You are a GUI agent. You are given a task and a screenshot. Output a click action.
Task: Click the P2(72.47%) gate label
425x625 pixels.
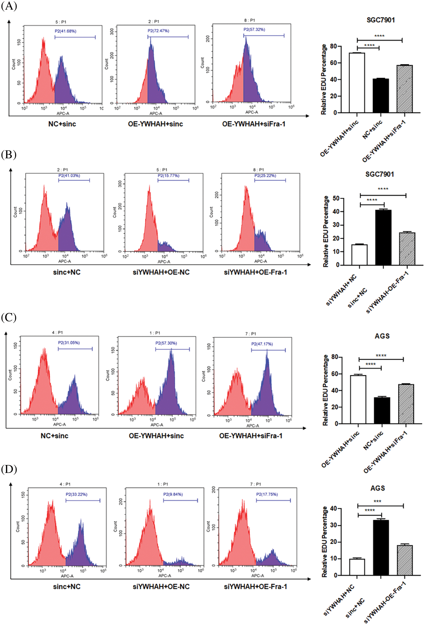158,31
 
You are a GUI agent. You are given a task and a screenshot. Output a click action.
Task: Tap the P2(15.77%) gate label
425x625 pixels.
168,176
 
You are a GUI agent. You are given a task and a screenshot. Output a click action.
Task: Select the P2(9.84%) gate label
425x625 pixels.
173,494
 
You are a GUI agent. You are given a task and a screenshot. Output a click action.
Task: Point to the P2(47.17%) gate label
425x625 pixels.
262,344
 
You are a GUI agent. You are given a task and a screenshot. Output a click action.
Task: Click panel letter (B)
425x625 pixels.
9,155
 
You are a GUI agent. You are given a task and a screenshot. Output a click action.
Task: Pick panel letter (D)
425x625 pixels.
9,469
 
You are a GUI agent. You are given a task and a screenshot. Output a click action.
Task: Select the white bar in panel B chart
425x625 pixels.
359,255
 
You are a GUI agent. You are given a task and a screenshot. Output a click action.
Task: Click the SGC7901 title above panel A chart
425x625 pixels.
381,20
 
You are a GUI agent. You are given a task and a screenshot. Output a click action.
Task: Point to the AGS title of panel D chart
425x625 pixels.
377,488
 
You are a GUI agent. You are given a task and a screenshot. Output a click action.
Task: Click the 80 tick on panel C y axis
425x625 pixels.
335,357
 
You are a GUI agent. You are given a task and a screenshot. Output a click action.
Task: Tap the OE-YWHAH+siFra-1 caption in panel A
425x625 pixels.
254,124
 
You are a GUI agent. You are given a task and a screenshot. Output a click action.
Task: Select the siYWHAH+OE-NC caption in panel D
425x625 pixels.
161,586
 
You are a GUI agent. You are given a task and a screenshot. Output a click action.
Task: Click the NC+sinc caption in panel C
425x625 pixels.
54,436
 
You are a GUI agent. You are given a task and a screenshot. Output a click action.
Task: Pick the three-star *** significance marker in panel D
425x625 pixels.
377,501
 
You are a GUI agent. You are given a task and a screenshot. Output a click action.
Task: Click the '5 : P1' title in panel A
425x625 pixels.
61,22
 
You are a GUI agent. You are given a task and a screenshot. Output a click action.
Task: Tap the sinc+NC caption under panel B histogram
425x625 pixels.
67,272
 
